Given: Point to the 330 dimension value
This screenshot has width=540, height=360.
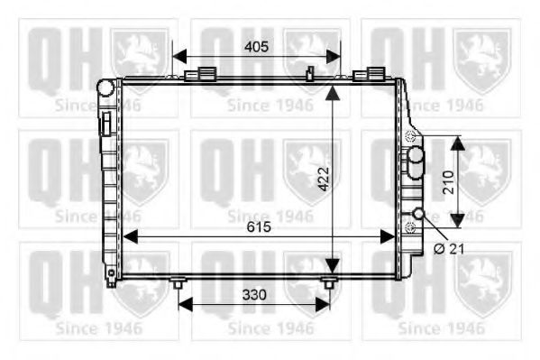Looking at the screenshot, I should coord(255,295).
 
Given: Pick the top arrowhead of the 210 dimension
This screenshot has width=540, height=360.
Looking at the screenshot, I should coord(457,142).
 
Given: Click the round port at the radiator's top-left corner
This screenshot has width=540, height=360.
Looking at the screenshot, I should coord(107,88).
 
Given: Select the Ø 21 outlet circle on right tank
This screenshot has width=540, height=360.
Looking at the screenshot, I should coord(419,214).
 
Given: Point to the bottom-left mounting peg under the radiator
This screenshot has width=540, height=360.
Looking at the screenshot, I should coord(178,284).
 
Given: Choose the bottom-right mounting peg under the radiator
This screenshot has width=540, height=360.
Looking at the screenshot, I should coord(330,284).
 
